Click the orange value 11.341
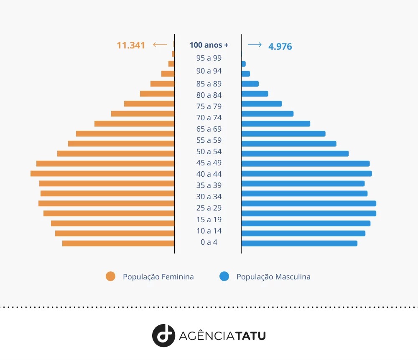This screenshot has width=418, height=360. [131, 45]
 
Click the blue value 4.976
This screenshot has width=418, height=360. [280, 46]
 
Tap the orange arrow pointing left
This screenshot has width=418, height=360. [160, 45]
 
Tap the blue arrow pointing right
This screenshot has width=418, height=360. [255, 45]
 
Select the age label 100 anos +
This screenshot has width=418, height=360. [209, 45]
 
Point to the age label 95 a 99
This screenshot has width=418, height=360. [209, 58]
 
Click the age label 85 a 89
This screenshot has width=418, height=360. [209, 84]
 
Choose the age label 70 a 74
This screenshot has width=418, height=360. [209, 118]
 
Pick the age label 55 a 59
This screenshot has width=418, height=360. [209, 140]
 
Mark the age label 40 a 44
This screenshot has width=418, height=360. [209, 174]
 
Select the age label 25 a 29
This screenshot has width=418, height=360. [209, 208]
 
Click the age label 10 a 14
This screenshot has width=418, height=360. [209, 231]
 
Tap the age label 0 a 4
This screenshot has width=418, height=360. [209, 242]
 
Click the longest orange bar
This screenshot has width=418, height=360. [102, 173]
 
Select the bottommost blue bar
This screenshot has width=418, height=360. [299, 243]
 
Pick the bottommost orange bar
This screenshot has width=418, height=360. [118, 243]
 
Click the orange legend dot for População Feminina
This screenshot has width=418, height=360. [110, 276]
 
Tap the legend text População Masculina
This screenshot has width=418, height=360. [273, 277]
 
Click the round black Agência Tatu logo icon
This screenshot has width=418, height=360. [163, 335]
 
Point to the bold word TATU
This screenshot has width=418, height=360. [250, 336]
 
